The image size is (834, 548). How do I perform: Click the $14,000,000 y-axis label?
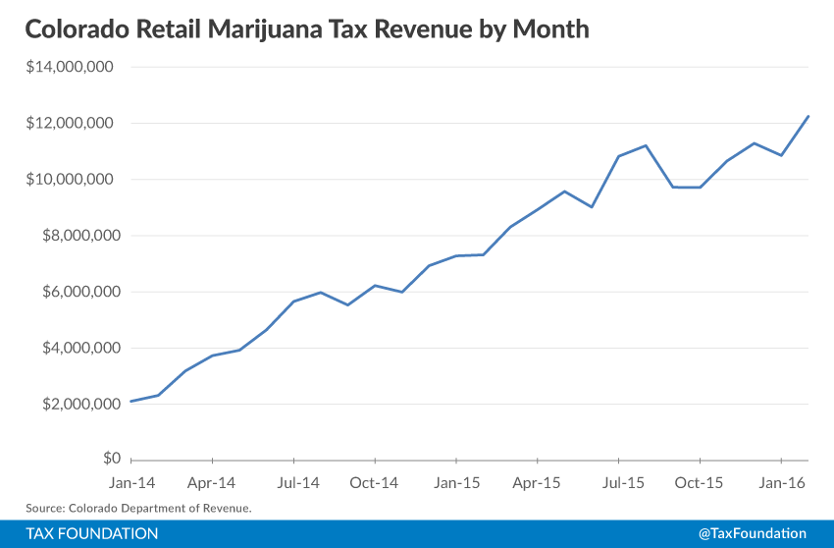(73, 68)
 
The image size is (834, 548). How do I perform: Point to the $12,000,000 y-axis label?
(73, 124)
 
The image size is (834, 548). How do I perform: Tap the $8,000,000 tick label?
(77, 236)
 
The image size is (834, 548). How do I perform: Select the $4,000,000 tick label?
(77, 348)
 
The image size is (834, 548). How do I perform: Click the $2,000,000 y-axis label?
(77, 404)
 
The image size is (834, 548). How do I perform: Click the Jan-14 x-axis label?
(130, 483)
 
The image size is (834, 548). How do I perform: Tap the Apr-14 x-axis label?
(212, 483)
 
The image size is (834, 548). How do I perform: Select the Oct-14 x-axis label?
(374, 483)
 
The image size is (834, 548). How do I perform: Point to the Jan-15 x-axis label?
(456, 483)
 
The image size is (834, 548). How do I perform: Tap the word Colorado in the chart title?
(74, 29)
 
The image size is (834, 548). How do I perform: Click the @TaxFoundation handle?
(753, 533)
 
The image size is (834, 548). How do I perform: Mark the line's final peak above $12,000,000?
(808, 117)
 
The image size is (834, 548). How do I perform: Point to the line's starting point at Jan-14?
(131, 401)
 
